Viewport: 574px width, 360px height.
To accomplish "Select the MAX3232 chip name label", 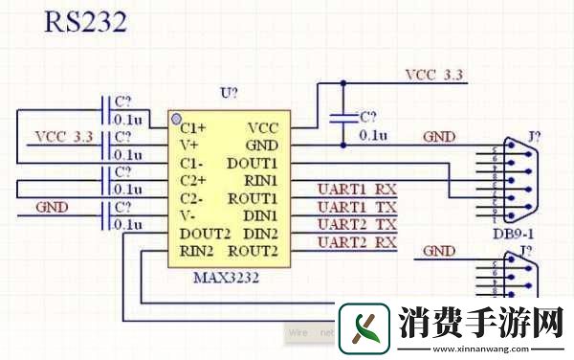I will click(x=227, y=277).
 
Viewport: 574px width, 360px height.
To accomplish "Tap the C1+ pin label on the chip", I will click(x=193, y=127).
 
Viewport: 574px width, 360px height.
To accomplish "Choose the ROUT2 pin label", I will click(x=254, y=252).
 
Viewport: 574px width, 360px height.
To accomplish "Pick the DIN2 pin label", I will click(x=259, y=235).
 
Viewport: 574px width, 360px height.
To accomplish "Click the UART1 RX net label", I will click(x=357, y=189).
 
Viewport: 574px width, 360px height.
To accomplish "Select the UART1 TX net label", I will click(x=357, y=207).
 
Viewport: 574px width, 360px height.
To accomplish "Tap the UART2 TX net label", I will click(x=357, y=224).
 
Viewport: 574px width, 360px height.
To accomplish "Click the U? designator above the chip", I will click(x=229, y=93).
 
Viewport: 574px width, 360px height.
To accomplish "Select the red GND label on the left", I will click(x=52, y=207).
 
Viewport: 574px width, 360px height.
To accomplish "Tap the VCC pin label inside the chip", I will click(x=262, y=127).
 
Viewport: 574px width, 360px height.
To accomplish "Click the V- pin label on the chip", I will click(x=188, y=216).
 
